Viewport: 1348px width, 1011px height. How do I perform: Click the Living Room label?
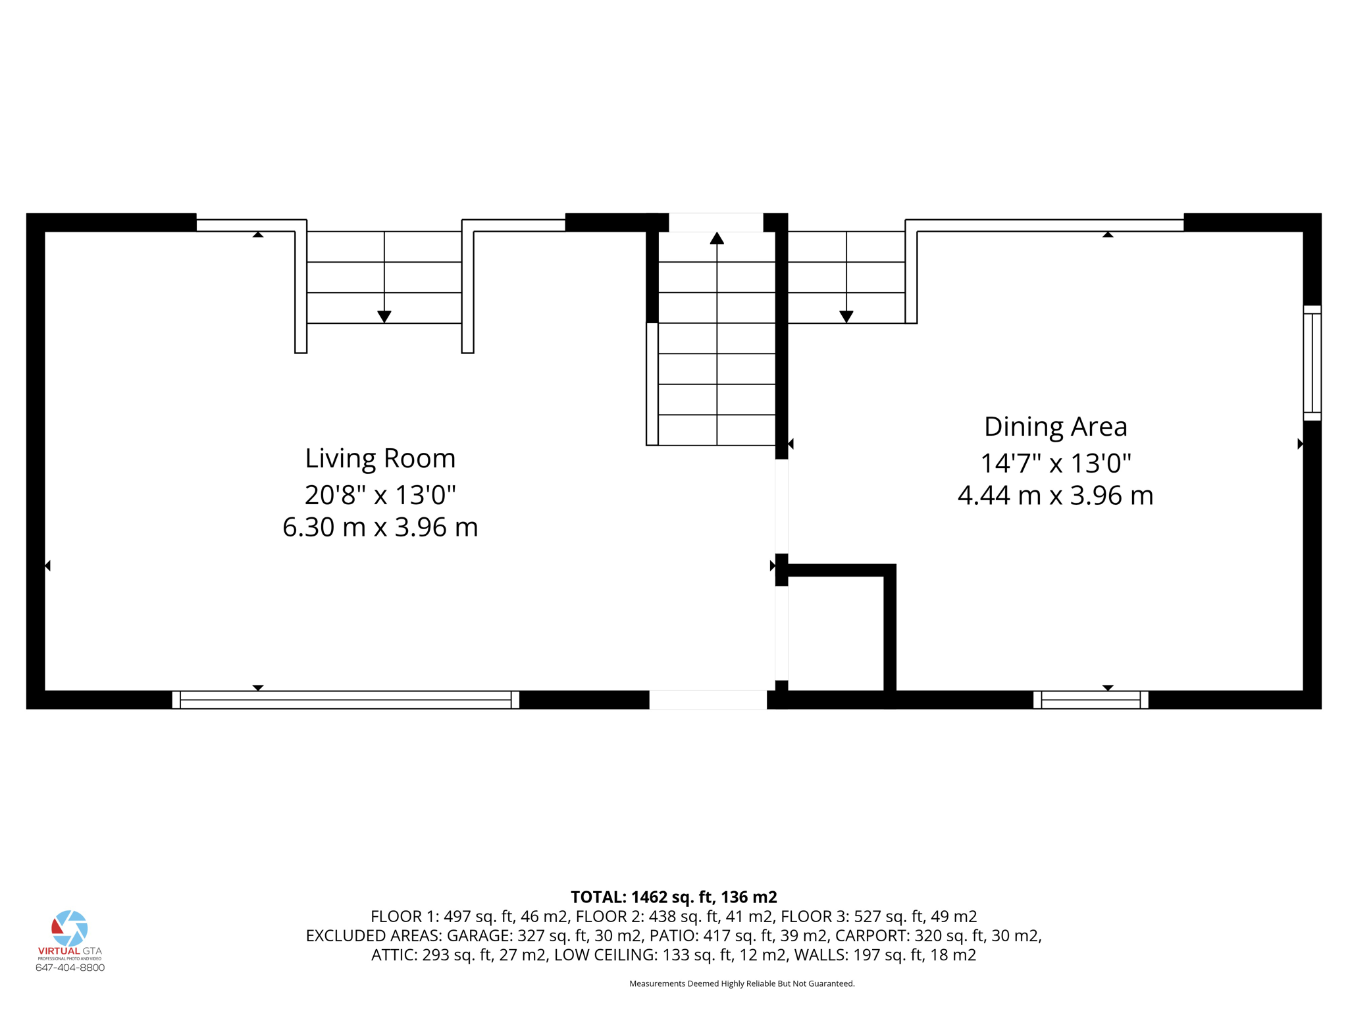[380, 458]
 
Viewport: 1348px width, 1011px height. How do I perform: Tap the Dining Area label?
[1055, 427]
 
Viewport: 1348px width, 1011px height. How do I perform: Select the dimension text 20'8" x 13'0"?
[380, 494]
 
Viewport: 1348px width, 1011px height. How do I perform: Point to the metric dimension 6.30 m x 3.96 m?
[380, 527]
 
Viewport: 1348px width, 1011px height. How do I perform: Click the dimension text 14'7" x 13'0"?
[1055, 463]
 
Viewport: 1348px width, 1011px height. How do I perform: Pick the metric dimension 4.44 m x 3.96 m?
[1055, 496]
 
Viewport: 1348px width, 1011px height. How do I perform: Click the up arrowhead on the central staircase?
[717, 238]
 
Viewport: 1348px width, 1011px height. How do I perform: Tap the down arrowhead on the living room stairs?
[384, 317]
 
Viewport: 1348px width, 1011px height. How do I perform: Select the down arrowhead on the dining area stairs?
[846, 317]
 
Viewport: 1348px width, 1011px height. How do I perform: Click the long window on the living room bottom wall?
[346, 700]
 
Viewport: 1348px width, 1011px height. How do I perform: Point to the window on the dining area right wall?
[1312, 363]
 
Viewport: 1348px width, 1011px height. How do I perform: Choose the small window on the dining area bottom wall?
[1091, 700]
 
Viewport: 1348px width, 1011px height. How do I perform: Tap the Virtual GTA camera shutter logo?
[70, 928]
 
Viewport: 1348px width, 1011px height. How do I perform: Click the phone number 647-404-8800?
[70, 968]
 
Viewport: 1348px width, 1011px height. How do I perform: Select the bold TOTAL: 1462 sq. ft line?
[673, 897]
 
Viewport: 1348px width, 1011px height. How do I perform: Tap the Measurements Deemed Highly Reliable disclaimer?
[742, 983]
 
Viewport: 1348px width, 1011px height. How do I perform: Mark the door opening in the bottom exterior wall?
[708, 700]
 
